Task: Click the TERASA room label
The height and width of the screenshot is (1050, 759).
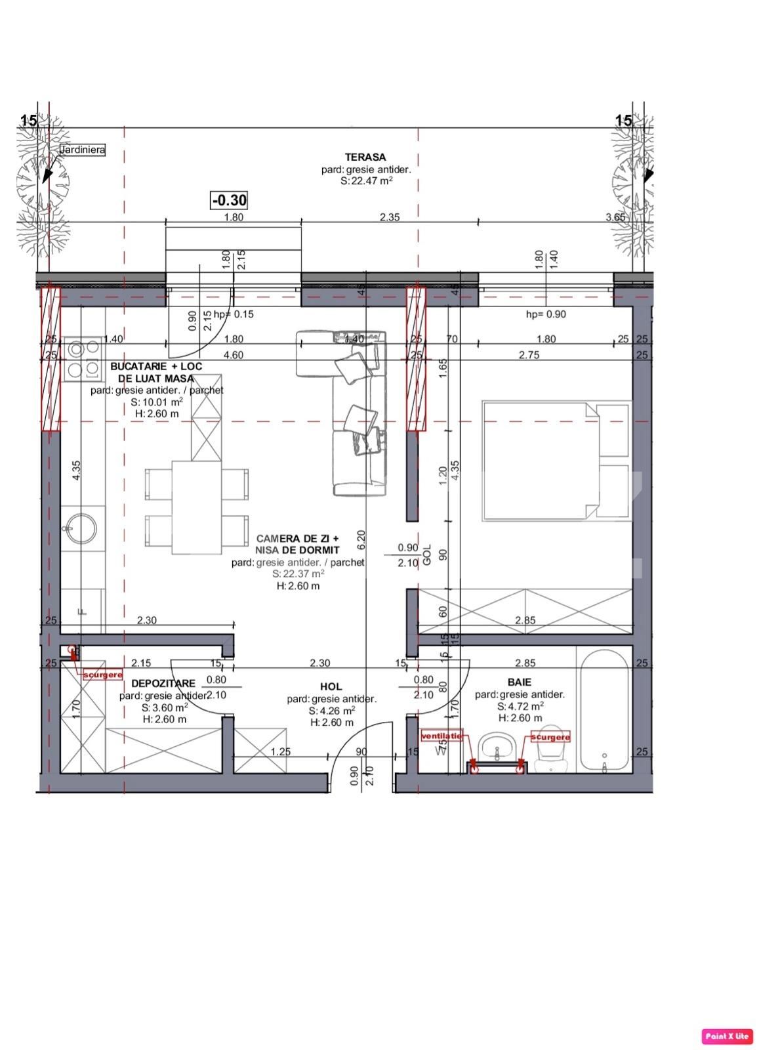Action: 365,157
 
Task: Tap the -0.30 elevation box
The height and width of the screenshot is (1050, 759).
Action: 229,199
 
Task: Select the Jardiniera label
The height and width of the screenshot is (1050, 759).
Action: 83,150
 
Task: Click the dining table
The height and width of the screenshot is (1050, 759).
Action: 196,507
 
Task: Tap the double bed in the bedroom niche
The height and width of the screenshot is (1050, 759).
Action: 556,461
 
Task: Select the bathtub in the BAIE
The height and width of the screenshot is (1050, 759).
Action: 604,710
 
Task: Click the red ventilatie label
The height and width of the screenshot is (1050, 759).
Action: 441,735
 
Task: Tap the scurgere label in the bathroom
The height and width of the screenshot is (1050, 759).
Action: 550,737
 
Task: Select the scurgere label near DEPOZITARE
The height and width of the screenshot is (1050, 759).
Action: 102,675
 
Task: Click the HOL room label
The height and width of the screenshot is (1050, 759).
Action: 331,686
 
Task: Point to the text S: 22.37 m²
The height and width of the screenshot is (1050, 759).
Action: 298,574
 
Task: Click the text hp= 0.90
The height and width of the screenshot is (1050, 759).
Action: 546,314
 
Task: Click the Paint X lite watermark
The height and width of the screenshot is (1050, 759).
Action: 726,1036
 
